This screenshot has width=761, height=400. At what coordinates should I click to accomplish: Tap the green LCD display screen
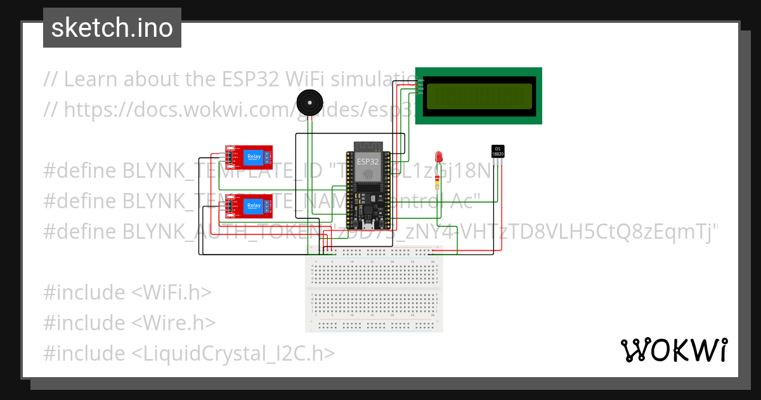coord(479,96)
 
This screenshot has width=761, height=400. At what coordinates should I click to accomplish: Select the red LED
coord(438,157)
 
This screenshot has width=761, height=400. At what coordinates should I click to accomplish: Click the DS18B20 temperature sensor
coord(498,152)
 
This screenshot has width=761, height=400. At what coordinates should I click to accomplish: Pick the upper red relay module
coord(249,157)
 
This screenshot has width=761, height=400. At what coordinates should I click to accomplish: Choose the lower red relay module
coord(249,206)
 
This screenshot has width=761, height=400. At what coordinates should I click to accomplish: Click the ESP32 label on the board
coord(367,161)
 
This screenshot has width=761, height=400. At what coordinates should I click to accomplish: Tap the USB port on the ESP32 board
coord(367,225)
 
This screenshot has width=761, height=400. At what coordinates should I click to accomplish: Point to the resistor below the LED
coord(438,182)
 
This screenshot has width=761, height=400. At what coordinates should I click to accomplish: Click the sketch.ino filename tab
coord(112,29)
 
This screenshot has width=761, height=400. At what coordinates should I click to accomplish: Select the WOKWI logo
coord(673,350)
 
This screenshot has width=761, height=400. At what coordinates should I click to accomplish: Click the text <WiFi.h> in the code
coord(171,293)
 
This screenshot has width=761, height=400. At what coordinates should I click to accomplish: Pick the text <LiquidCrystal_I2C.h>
coord(233,353)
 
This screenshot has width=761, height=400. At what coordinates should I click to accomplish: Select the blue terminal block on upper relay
coord(269,156)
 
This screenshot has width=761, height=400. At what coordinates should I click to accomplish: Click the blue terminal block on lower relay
coord(269,205)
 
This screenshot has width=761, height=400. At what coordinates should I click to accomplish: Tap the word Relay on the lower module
coord(254,205)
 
